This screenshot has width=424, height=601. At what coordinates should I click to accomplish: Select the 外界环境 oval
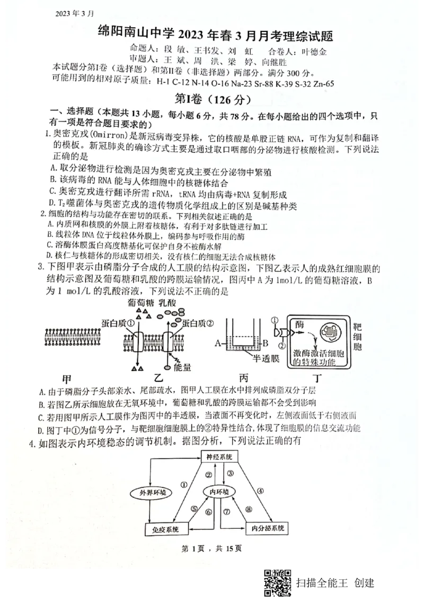[x=149, y=492]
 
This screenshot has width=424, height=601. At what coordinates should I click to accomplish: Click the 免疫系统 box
[x=164, y=529]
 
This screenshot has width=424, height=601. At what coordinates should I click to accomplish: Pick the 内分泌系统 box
[x=267, y=529]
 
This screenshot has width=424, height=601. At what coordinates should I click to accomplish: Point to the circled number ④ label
[x=260, y=491]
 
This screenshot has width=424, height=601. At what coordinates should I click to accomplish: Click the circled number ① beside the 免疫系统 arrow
[x=183, y=484]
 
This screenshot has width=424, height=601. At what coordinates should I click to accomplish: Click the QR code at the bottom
[x=278, y=582]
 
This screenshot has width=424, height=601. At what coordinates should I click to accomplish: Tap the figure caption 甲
[x=67, y=380]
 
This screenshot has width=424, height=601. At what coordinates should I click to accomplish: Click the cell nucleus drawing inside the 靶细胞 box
[x=333, y=333]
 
